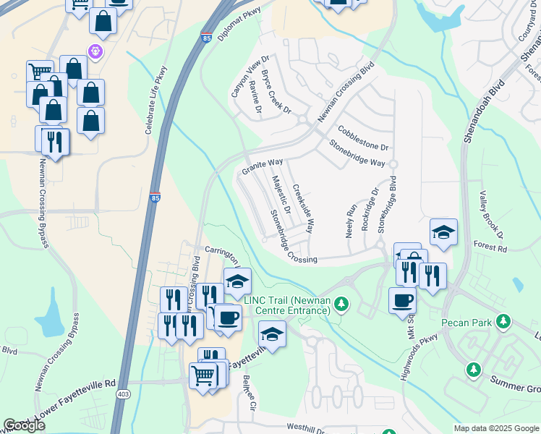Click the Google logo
(24, 425)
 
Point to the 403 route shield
(123, 393)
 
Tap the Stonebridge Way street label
(357, 153)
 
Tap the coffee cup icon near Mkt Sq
(402, 299)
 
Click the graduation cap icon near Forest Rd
(443, 232)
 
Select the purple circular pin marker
(95, 51)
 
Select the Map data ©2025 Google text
(496, 428)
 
